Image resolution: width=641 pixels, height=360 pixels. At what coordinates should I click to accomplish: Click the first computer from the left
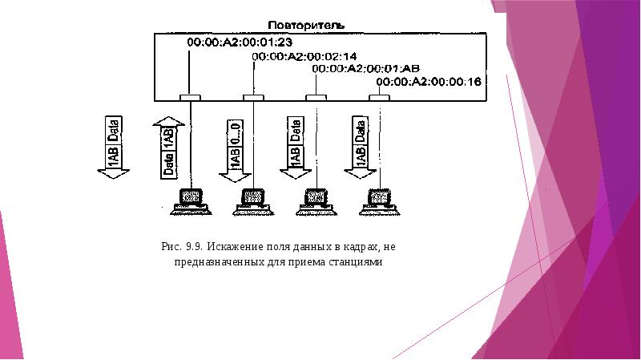pos(191,200)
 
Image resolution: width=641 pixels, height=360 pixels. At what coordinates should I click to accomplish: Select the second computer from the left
pos(253,200)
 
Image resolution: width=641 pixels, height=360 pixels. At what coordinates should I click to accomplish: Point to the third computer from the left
pos(316,200)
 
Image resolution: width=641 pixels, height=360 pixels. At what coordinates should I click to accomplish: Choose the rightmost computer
pos(379,200)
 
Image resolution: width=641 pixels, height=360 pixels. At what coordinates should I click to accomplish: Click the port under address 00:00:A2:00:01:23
pos(190,98)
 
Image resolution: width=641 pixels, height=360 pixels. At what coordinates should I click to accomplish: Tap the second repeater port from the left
pos(253,98)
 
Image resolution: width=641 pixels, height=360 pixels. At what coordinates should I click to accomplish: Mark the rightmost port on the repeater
pos(379,98)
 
